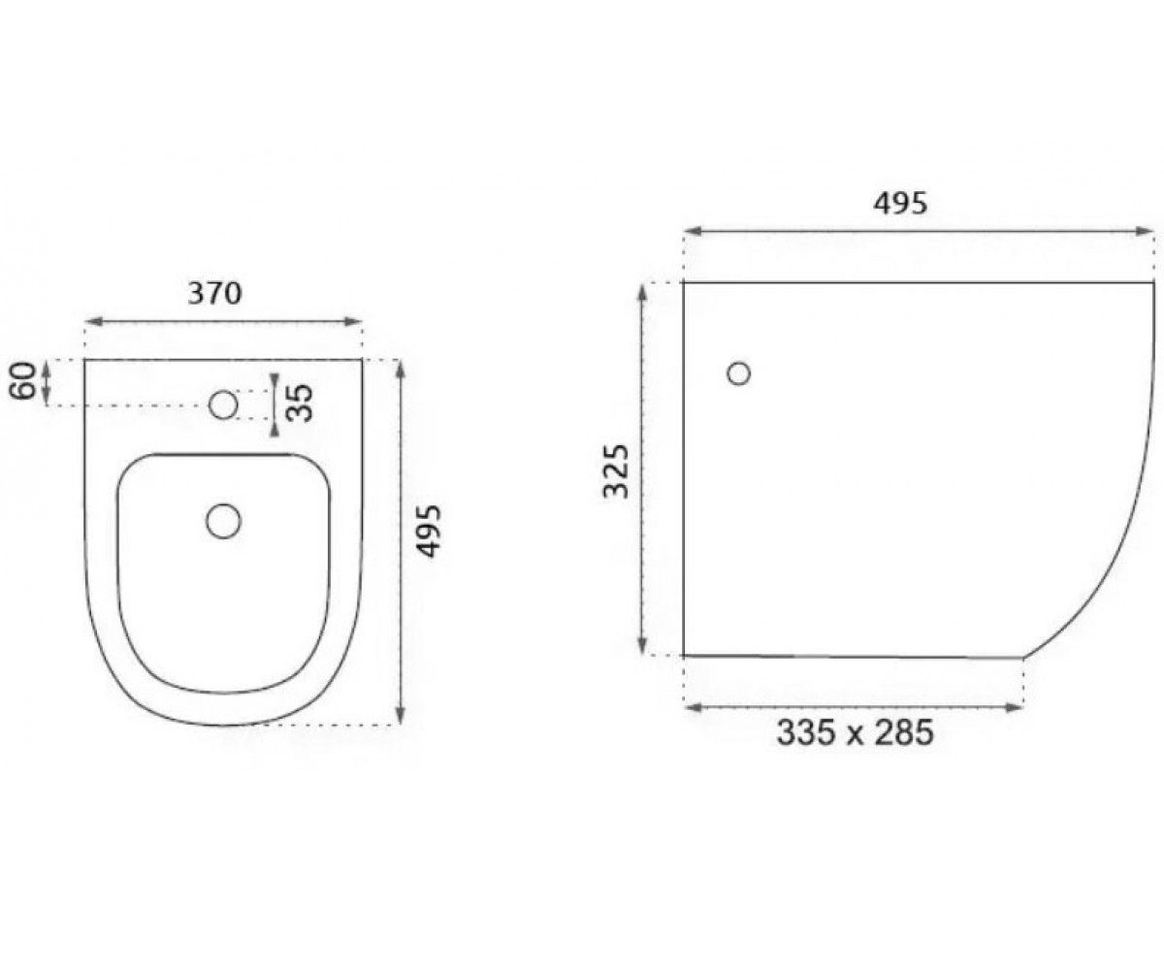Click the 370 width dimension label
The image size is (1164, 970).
point(214,293)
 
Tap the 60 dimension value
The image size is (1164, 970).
point(23,380)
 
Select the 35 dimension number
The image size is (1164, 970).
point(302,403)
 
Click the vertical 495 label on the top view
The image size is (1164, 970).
point(430,531)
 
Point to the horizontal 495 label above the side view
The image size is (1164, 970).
point(900,204)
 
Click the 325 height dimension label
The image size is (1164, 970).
point(617,471)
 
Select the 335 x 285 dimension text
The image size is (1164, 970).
point(855,732)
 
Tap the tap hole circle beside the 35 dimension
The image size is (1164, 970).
point(223,404)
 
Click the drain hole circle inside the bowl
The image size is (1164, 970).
point(223,521)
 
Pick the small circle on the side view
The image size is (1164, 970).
point(738,373)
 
